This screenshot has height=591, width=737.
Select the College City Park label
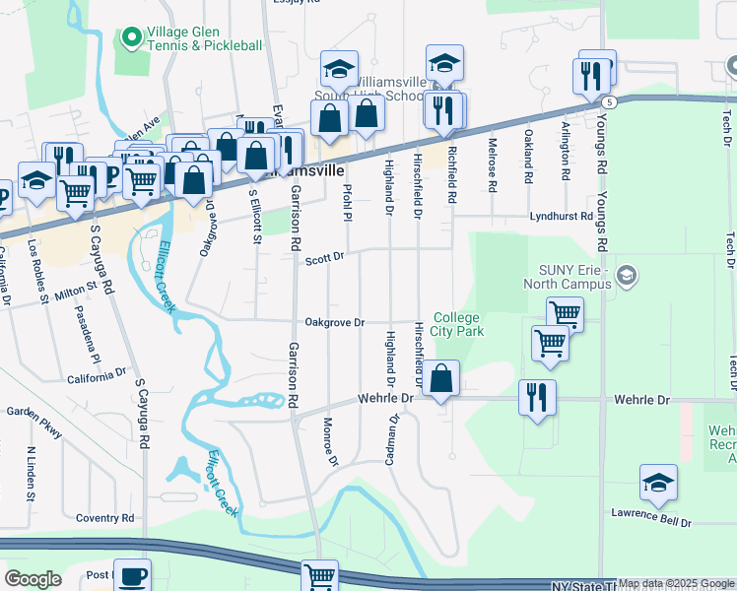coord(457,324)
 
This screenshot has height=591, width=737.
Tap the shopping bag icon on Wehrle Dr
coord(442,378)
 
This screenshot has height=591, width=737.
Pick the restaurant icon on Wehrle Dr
coord(536,398)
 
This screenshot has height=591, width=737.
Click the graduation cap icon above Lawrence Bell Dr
coord(658,483)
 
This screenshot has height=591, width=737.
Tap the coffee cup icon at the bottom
coord(132,575)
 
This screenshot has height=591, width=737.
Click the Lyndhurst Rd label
coord(561,216)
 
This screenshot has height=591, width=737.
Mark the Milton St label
coord(84,293)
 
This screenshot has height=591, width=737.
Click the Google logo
coord(33,579)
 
